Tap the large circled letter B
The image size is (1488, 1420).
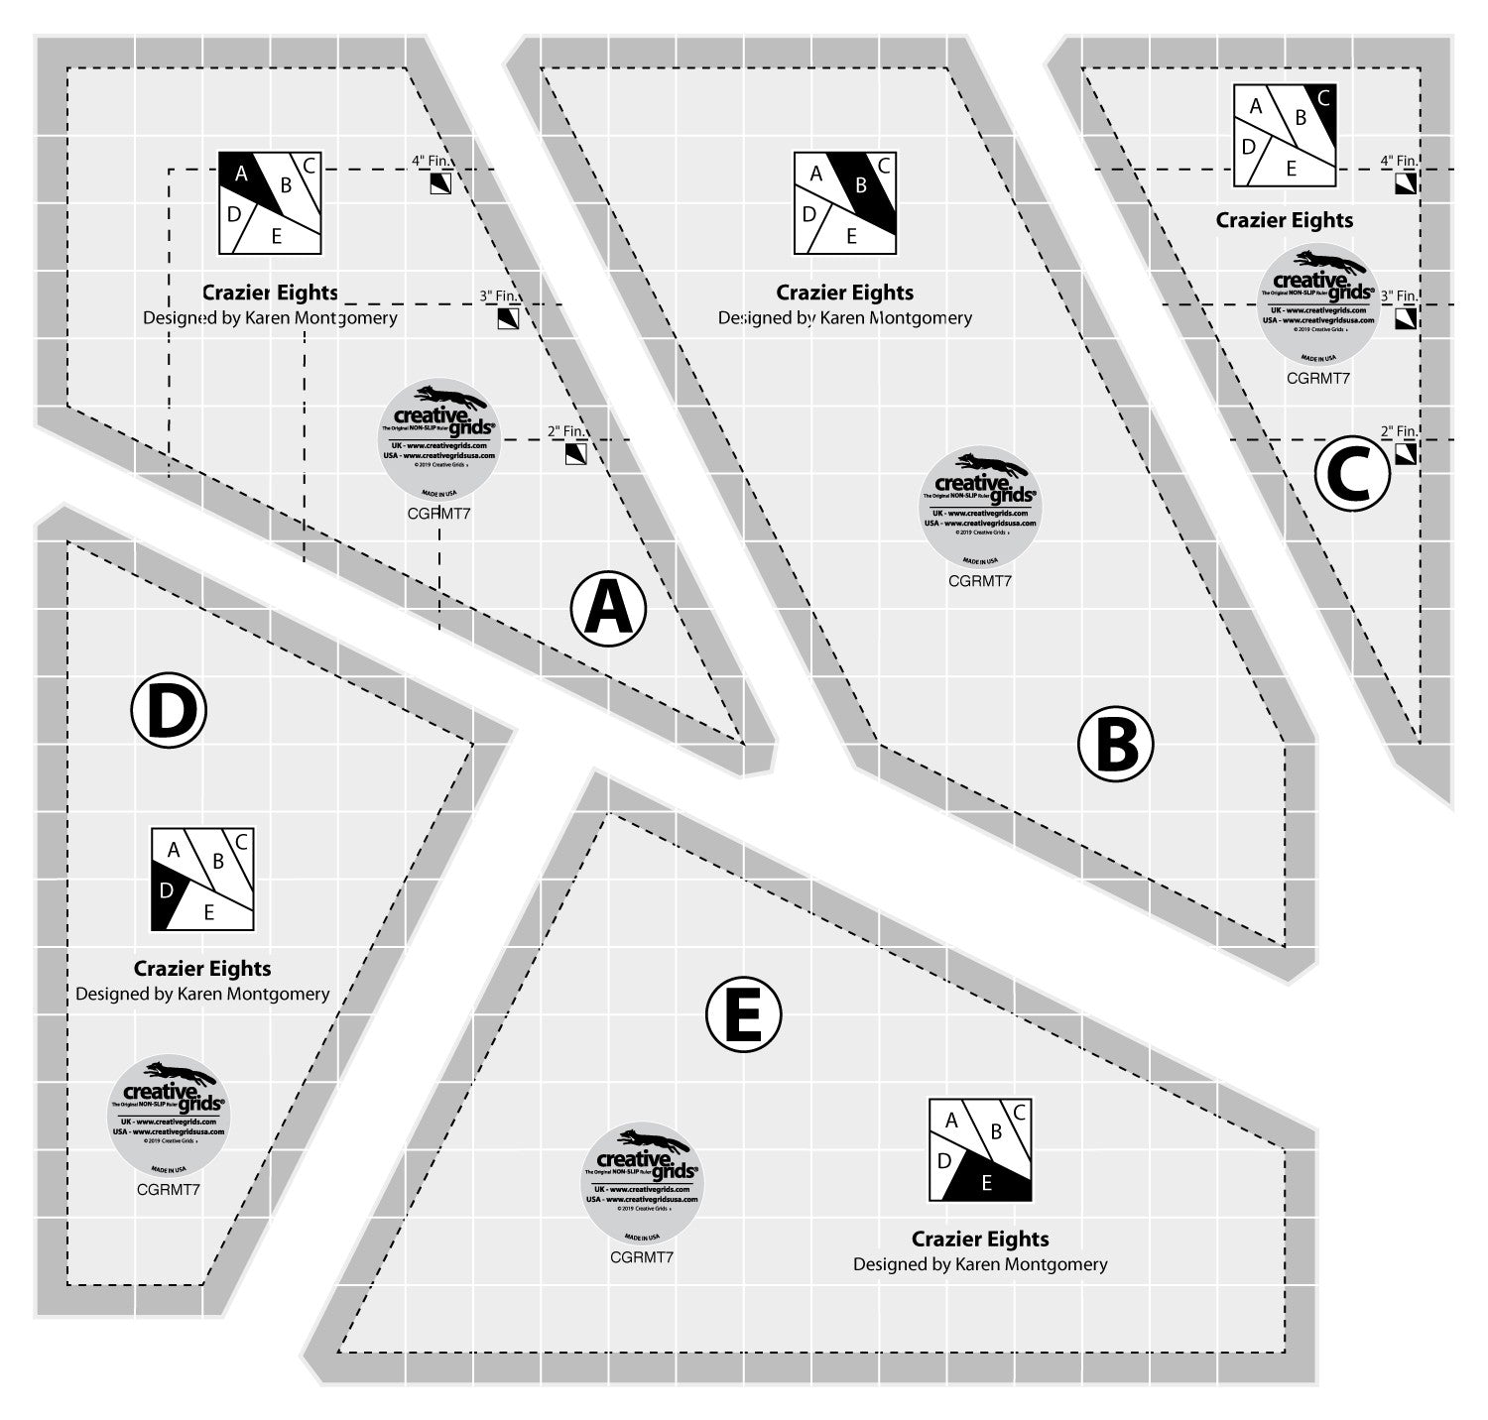tap(1116, 744)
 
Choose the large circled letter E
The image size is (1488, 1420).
tap(743, 1013)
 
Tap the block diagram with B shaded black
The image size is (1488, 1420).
tap(845, 202)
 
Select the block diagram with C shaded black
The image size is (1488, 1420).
tap(1285, 136)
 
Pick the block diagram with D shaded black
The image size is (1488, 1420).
tap(202, 879)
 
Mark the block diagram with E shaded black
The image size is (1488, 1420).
tap(980, 1150)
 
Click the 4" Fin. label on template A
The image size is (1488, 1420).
tap(432, 160)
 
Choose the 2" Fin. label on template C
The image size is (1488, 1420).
tap(1399, 431)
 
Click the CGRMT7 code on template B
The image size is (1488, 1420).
tap(980, 581)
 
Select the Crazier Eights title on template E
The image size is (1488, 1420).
tap(980, 1239)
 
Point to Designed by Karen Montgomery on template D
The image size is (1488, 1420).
tap(202, 994)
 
